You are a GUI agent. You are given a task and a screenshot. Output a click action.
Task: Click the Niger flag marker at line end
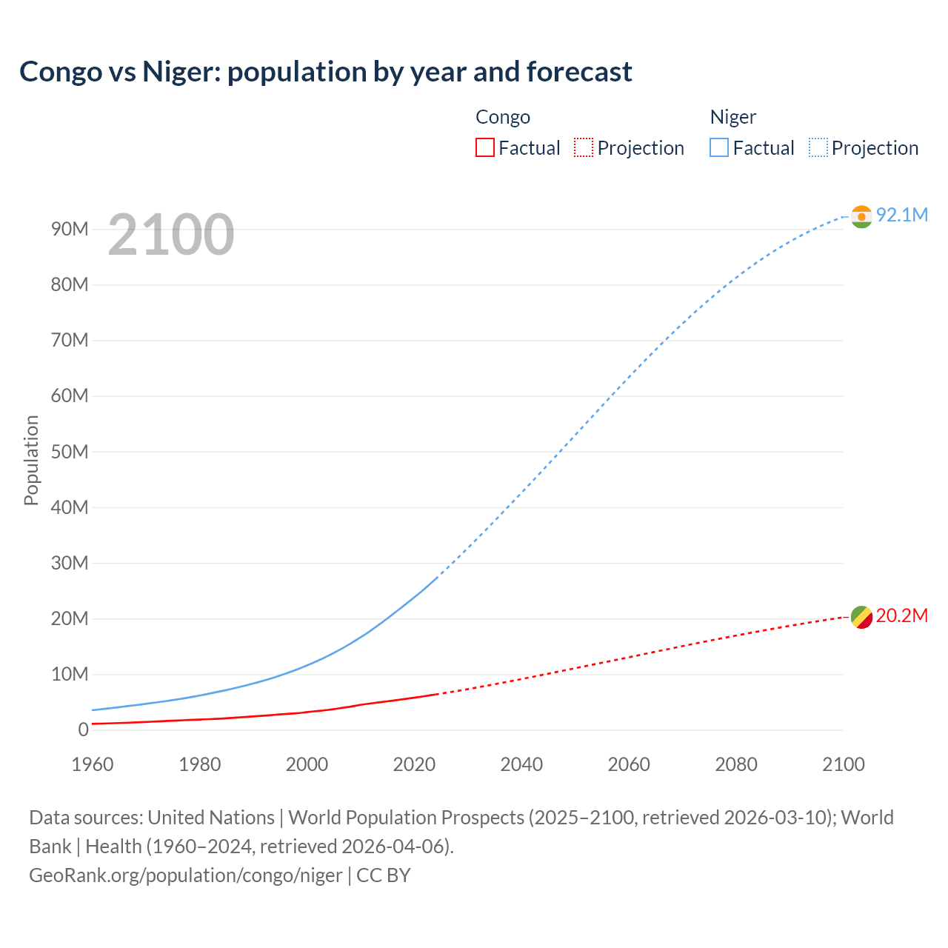pyautogui.click(x=861, y=216)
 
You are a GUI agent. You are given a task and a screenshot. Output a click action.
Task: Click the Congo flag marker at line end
pyautogui.click(x=861, y=617)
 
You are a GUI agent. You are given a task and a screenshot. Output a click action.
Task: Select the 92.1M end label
pyautogui.click(x=901, y=215)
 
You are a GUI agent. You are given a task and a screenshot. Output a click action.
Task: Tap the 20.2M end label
pyautogui.click(x=901, y=616)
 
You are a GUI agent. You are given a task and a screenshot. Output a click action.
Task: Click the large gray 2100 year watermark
pyautogui.click(x=171, y=235)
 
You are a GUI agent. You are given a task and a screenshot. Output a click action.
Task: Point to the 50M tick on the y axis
pyautogui.click(x=70, y=452)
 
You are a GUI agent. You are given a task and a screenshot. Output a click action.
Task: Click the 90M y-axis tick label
pyautogui.click(x=70, y=229)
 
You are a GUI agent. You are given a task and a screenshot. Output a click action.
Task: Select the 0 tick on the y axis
pyautogui.click(x=83, y=730)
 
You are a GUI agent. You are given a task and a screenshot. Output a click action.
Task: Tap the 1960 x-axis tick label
pyautogui.click(x=93, y=764)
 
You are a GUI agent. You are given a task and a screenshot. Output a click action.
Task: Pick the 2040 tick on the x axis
pyautogui.click(x=521, y=764)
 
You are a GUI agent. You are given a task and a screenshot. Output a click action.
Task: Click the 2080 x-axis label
pyautogui.click(x=736, y=764)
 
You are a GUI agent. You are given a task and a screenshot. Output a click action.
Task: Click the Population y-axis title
pyautogui.click(x=31, y=460)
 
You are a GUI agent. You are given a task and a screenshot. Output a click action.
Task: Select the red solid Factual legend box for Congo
pyautogui.click(x=484, y=148)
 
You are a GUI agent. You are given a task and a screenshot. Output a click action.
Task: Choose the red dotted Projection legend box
pyautogui.click(x=584, y=148)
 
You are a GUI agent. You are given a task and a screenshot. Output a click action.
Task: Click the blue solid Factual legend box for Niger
pyautogui.click(x=718, y=148)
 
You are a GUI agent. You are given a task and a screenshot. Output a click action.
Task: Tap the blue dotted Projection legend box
pyautogui.click(x=818, y=148)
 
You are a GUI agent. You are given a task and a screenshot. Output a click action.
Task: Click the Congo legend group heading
pyautogui.click(x=503, y=117)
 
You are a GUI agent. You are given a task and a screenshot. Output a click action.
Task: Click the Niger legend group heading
pyautogui.click(x=733, y=117)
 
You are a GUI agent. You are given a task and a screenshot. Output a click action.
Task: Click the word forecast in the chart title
pyautogui.click(x=579, y=72)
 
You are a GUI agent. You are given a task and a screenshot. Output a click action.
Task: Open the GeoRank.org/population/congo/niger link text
pyautogui.click(x=186, y=875)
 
